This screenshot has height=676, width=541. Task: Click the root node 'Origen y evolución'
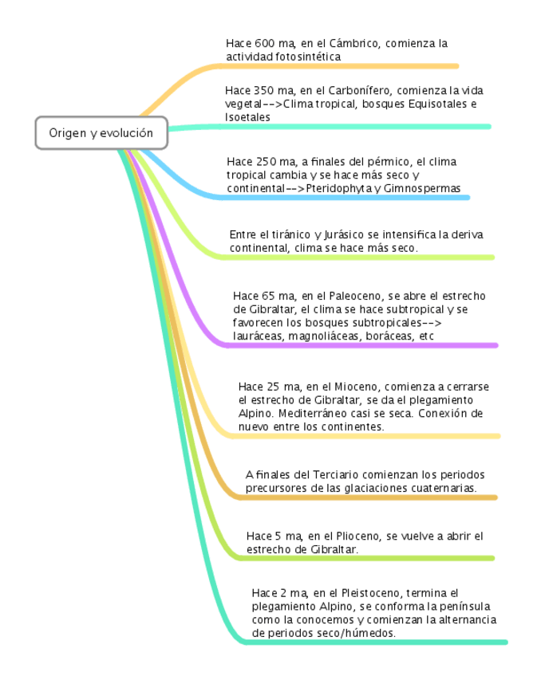coord(101,133)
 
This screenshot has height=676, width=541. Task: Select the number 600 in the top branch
coord(265,43)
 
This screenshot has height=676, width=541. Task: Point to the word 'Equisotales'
coord(440,104)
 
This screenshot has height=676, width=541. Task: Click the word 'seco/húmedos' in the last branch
coord(357,634)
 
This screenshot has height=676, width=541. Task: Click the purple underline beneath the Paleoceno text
coord(359,345)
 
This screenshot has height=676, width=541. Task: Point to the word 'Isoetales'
coord(247,117)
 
